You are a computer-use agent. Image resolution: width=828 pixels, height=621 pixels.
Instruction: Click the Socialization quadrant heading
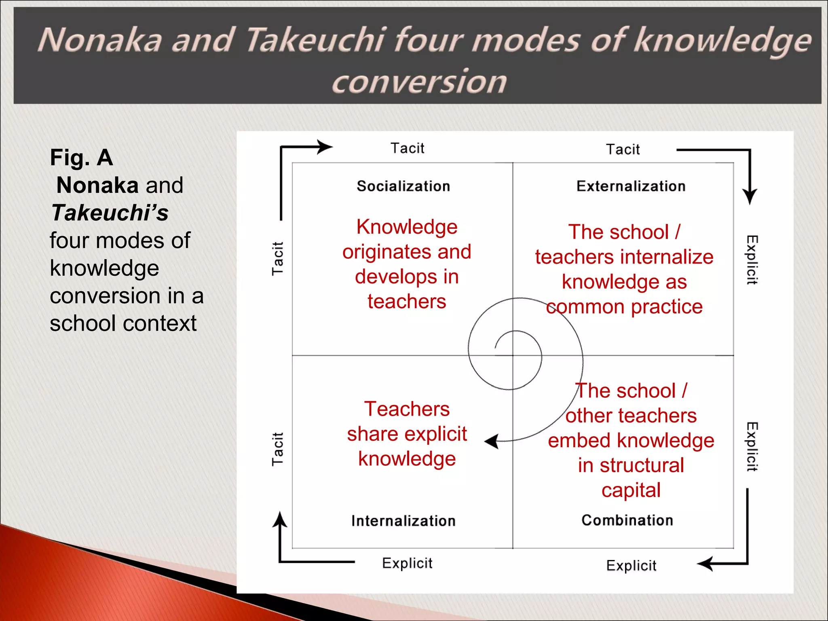coord(403,186)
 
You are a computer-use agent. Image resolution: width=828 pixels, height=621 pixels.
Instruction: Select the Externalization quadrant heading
coord(631,186)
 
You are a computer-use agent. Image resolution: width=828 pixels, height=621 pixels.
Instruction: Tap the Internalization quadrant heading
coord(403,521)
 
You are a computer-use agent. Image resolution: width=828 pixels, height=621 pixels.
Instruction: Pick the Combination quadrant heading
coord(627,520)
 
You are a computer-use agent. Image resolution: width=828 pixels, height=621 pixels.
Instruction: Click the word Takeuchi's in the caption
coord(110,213)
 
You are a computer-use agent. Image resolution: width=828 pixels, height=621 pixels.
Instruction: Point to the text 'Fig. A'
coord(81,158)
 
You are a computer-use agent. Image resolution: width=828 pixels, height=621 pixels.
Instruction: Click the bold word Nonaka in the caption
coord(97,186)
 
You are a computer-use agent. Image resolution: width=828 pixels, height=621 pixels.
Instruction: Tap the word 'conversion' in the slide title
coord(419,82)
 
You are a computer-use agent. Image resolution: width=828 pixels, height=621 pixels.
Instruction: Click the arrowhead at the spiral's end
coord(492,441)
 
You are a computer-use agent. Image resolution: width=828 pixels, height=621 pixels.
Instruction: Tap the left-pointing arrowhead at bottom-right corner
coord(705,563)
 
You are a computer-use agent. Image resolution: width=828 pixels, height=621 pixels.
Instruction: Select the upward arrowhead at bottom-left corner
coord(279,519)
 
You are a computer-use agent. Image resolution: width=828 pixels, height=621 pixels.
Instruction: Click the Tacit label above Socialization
coord(407,148)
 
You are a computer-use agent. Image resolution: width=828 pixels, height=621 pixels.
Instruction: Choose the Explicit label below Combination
coord(631,566)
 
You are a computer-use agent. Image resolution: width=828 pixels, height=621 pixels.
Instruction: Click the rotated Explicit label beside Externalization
coord(752,260)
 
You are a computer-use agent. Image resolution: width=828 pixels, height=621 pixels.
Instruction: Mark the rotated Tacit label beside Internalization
coord(277,449)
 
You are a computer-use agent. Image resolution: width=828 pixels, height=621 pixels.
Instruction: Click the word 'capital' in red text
coord(631,490)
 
